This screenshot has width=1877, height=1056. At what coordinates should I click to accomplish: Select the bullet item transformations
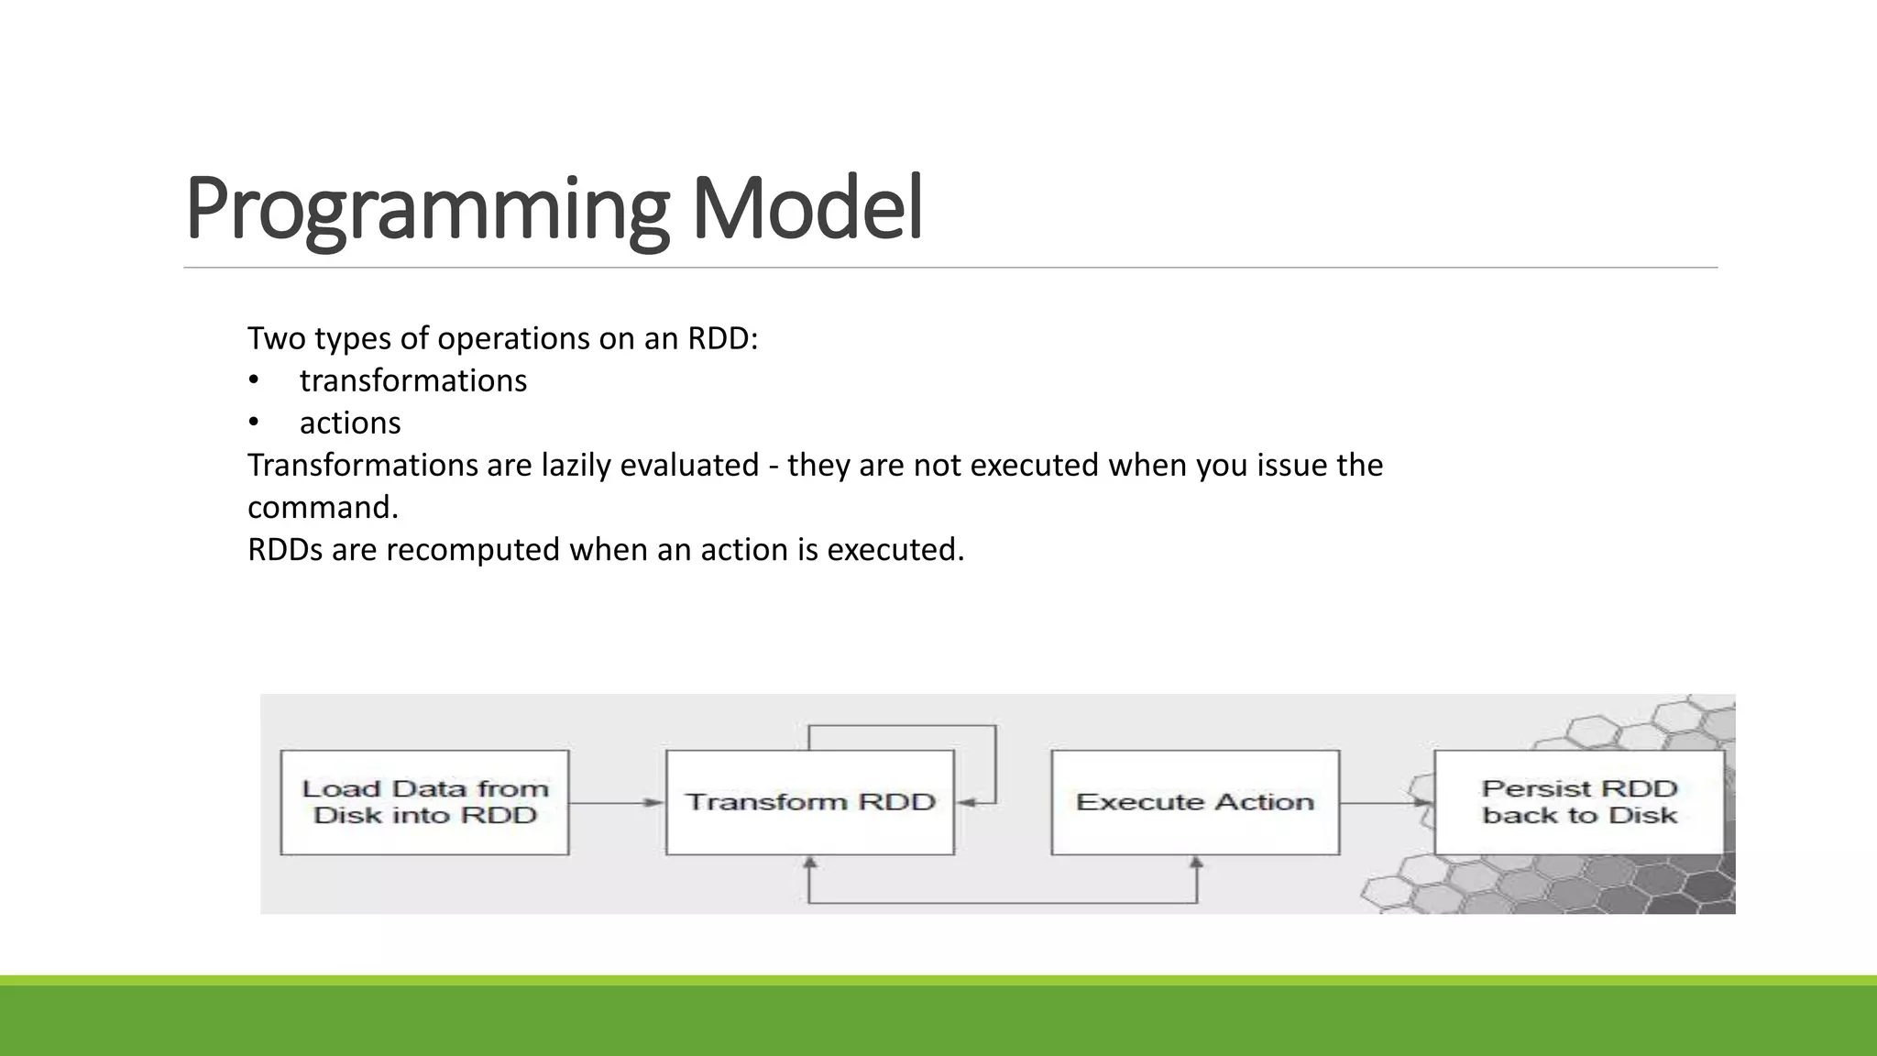pos(412,380)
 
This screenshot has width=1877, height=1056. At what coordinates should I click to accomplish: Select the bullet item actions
pos(350,423)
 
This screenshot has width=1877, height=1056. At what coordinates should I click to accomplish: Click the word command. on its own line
pos(323,507)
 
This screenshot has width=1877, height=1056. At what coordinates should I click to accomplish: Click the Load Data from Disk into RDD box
pos(424,802)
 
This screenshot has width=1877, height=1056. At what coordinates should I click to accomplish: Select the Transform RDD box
pos(810,802)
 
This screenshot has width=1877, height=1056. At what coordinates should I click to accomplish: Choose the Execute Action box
pos(1195,802)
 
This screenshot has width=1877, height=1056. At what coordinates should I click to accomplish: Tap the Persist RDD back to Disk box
pos(1579,802)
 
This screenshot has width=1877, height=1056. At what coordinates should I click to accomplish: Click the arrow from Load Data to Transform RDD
pos(616,803)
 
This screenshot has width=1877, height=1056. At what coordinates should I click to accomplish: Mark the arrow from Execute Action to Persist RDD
pos(1386,803)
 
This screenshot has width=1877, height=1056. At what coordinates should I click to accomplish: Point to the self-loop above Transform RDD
pos(903,726)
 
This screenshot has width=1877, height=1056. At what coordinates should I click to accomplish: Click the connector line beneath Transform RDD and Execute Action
pos(1003,903)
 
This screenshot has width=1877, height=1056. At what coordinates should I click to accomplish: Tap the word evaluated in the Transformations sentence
pos(689,465)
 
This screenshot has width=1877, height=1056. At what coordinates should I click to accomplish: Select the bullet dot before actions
pos(254,423)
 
